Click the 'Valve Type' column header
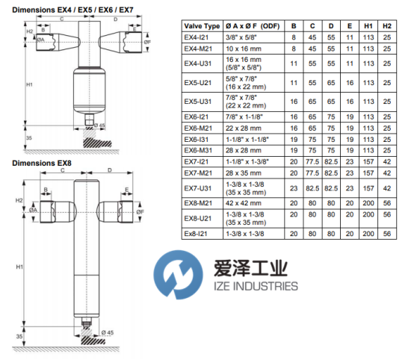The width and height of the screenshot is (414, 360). click(202, 26)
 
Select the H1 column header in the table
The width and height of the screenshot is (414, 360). click(368, 26)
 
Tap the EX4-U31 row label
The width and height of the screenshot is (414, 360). click(198, 63)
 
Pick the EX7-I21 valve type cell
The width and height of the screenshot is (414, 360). click(197, 162)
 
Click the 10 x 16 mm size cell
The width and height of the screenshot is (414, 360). click(244, 49)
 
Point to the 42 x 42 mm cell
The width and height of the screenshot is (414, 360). click(244, 203)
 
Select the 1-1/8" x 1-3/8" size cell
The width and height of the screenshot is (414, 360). click(247, 162)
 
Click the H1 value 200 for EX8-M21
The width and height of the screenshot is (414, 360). click(368, 203)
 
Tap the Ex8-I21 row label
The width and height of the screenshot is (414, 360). click(196, 234)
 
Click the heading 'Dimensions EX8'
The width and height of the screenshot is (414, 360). click(42, 163)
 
